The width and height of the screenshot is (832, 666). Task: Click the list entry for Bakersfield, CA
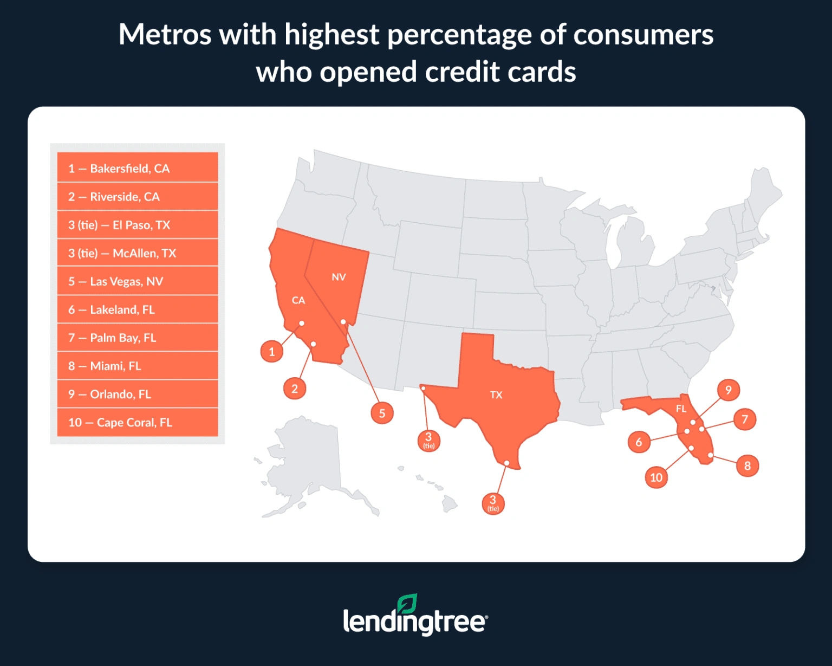pyautogui.click(x=137, y=168)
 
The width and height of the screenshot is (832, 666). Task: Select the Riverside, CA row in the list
pyautogui.click(x=137, y=197)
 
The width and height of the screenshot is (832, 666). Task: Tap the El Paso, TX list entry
pyautogui.click(x=137, y=225)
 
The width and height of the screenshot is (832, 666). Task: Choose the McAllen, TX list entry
pyautogui.click(x=137, y=253)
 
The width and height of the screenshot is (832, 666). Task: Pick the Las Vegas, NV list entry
pyautogui.click(x=137, y=281)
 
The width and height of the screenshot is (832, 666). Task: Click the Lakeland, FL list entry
pyautogui.click(x=137, y=309)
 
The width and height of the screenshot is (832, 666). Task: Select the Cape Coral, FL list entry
pyautogui.click(x=137, y=422)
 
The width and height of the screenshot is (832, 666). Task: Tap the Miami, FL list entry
pyautogui.click(x=137, y=366)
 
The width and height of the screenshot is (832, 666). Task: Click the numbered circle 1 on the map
pyautogui.click(x=272, y=352)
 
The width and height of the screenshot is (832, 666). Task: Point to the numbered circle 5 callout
pyautogui.click(x=382, y=413)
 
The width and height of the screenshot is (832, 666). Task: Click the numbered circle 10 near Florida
pyautogui.click(x=656, y=477)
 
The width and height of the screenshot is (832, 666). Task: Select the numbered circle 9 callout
pyautogui.click(x=729, y=390)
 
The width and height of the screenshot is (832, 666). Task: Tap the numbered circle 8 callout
pyautogui.click(x=747, y=465)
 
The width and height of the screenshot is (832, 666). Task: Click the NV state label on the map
pyautogui.click(x=339, y=277)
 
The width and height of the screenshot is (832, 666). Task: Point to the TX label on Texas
pyautogui.click(x=496, y=395)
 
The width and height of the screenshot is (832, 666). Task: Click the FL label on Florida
pyautogui.click(x=681, y=409)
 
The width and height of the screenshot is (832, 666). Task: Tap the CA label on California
pyautogui.click(x=298, y=300)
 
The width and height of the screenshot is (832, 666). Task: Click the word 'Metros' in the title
pyautogui.click(x=165, y=35)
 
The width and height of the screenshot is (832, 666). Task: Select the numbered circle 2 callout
pyautogui.click(x=295, y=389)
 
